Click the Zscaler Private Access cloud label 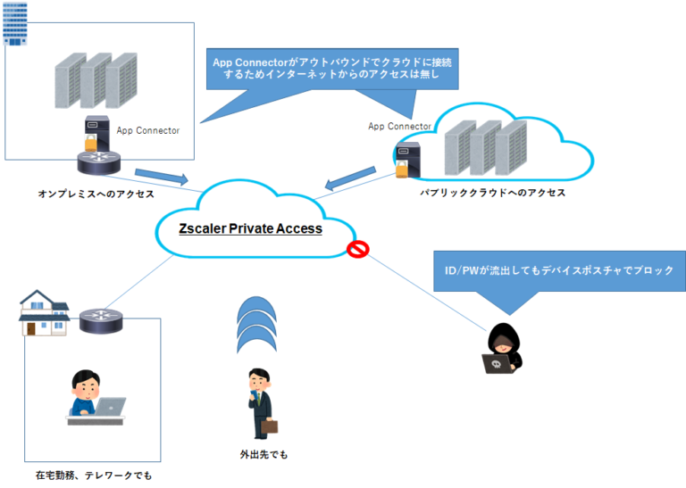coord(250,228)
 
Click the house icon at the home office coord(43,311)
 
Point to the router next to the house coord(100,319)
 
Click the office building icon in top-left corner coord(16,23)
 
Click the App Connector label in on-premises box coord(147,130)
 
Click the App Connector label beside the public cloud coord(399,126)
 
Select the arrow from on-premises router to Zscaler coord(162,175)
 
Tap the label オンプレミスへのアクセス coord(96,193)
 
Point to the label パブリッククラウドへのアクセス coord(493,192)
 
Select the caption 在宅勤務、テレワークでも coord(94,475)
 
